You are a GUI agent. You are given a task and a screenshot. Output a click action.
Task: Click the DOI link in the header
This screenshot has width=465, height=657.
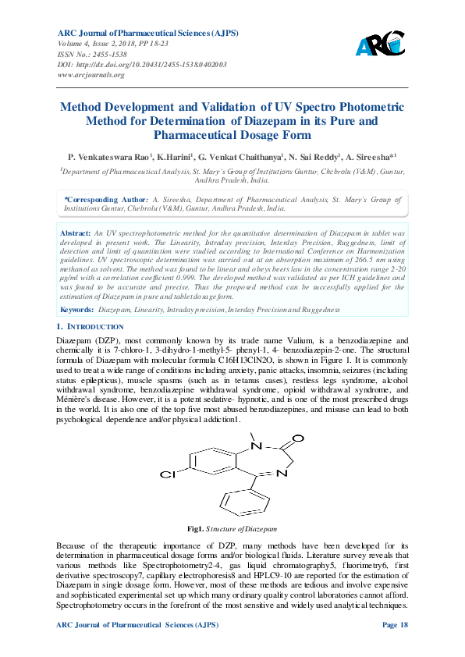[x=142, y=65]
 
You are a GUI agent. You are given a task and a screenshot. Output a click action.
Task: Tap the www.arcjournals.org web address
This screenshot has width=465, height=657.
[x=91, y=75]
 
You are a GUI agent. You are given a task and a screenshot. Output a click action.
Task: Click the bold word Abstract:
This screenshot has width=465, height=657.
[x=76, y=233]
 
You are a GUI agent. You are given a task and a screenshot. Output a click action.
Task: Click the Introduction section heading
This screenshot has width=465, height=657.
[x=94, y=326]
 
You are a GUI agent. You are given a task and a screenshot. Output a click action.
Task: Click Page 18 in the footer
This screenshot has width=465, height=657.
[x=395, y=626]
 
